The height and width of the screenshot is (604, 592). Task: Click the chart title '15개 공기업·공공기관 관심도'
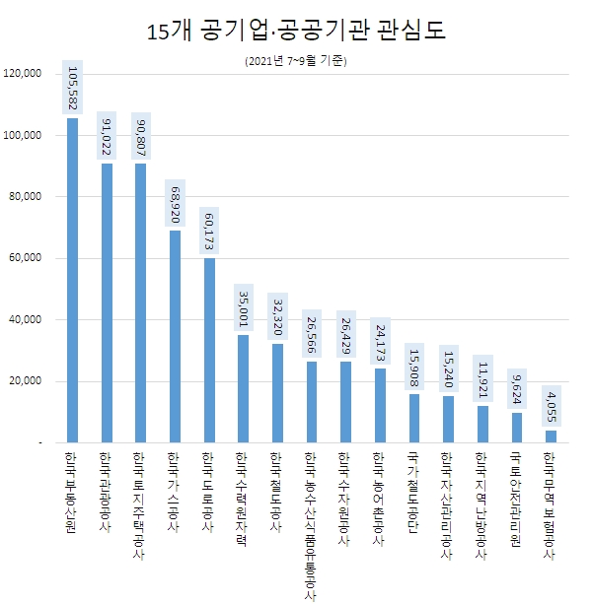coord(296,31)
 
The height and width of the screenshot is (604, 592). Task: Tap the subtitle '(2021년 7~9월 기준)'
coord(296,61)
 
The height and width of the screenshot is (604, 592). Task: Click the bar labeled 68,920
coord(175,336)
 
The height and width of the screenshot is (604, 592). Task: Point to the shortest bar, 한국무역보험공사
coord(551,436)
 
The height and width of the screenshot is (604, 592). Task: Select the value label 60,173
coord(209,230)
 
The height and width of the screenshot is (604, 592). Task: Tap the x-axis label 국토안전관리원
coord(516,499)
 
